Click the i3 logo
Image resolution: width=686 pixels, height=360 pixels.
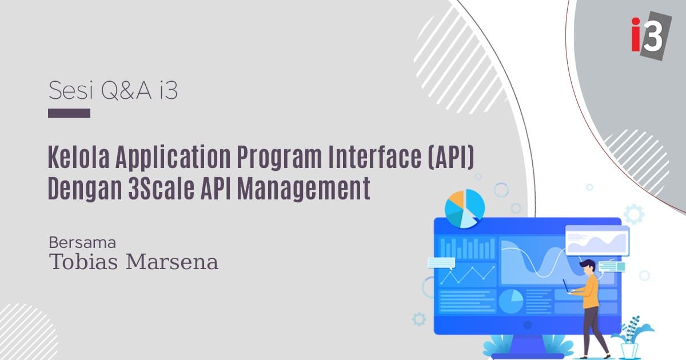650,36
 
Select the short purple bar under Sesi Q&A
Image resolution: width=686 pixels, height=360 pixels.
69,113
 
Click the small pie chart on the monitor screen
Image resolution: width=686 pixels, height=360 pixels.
511,299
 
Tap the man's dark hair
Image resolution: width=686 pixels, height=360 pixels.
587,265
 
